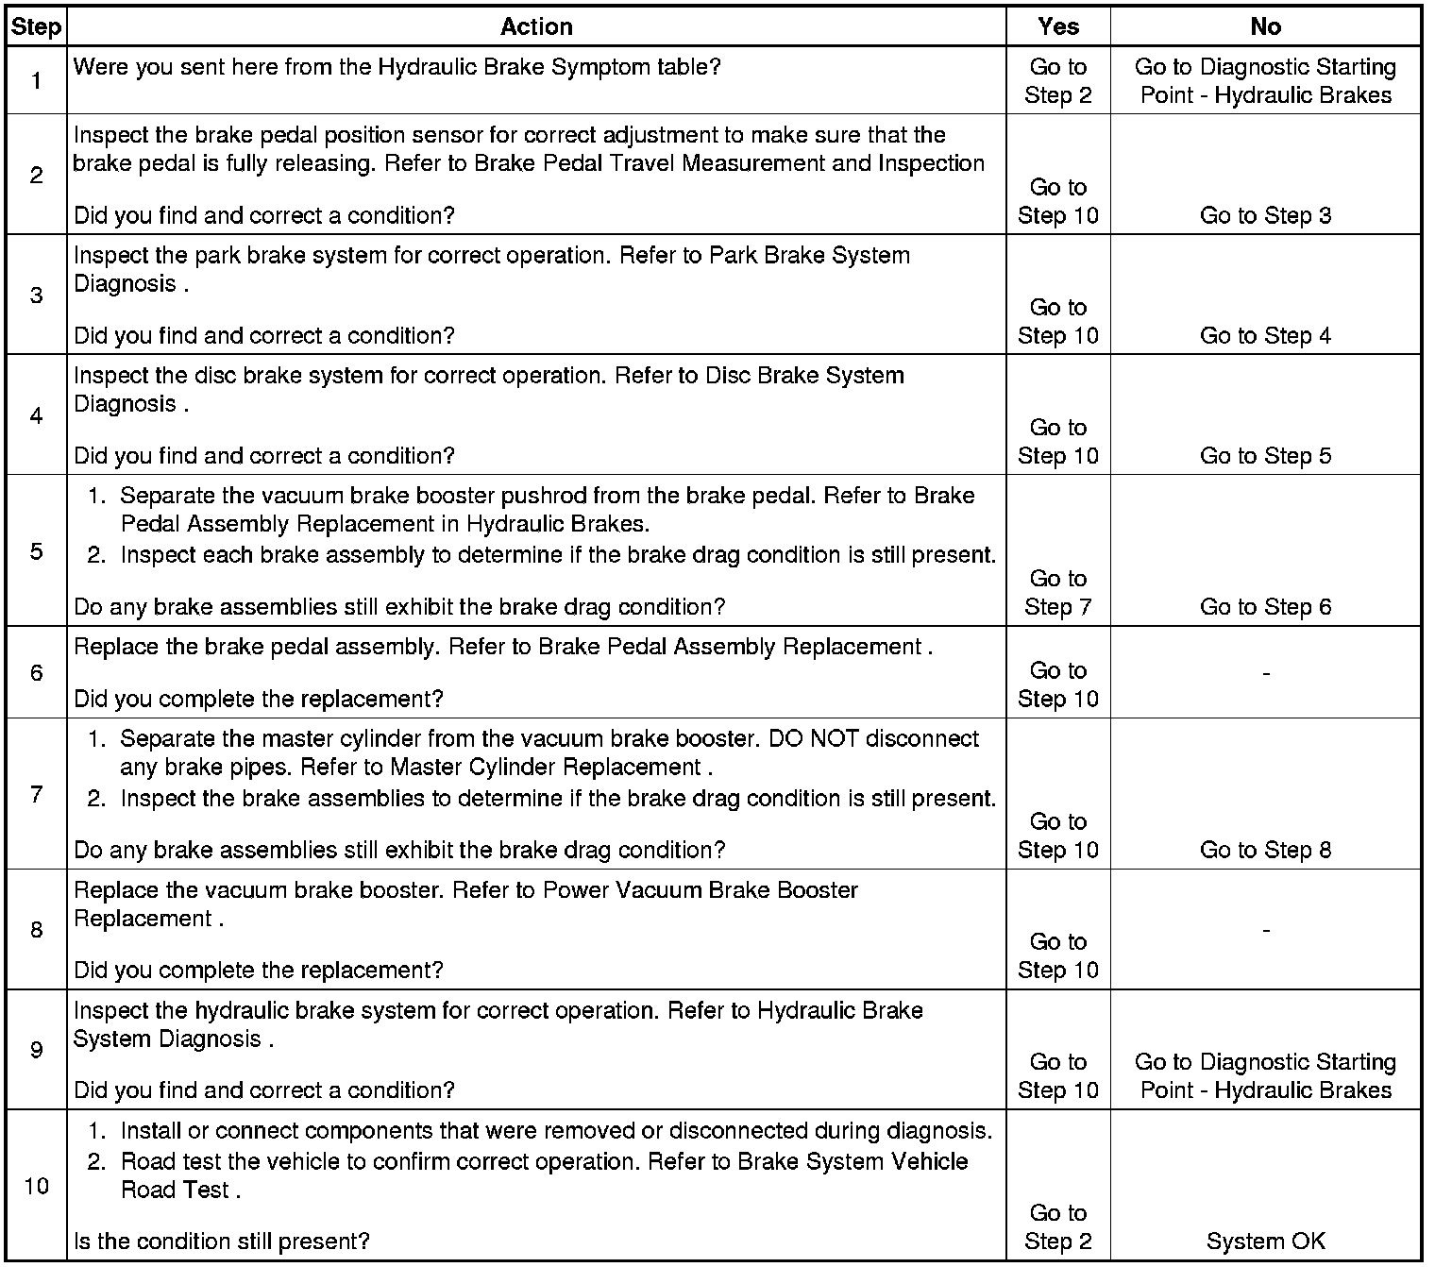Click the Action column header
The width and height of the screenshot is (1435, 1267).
536,26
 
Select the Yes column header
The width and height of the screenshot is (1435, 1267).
1057,26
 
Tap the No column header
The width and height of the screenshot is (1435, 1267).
1265,26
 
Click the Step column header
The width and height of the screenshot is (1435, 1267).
35,26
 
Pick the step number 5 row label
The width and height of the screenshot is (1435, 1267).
36,551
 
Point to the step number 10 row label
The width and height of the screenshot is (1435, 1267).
36,1186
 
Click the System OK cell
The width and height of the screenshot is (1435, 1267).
1265,1242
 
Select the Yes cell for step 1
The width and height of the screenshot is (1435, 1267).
1057,81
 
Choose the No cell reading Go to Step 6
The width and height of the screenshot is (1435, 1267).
1265,607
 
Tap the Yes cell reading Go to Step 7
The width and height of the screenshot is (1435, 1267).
1057,593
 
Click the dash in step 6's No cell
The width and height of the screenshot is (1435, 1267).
1265,673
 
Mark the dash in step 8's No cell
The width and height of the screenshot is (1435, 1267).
1265,931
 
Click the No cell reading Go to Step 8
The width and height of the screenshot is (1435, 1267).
1265,850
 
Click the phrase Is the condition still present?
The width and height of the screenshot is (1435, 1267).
222,1242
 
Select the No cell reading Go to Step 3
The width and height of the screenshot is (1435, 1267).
1265,215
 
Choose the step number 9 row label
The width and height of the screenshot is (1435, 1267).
36,1050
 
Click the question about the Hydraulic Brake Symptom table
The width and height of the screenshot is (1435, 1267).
397,67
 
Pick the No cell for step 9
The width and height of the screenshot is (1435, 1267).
1265,1076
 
